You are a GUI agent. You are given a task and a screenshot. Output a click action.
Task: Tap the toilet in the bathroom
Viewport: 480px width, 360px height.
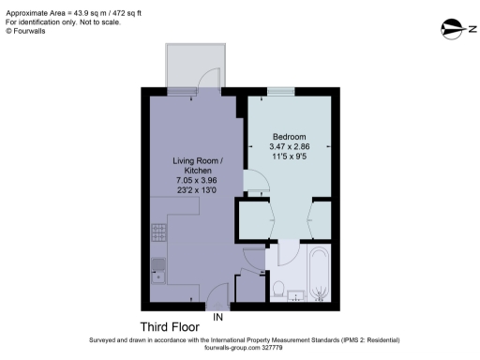click(x=278, y=287)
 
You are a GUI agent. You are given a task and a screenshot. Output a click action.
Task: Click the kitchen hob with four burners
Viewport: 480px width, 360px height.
click(x=157, y=231)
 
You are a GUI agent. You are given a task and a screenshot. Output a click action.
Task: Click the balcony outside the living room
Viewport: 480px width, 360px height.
click(x=194, y=67)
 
